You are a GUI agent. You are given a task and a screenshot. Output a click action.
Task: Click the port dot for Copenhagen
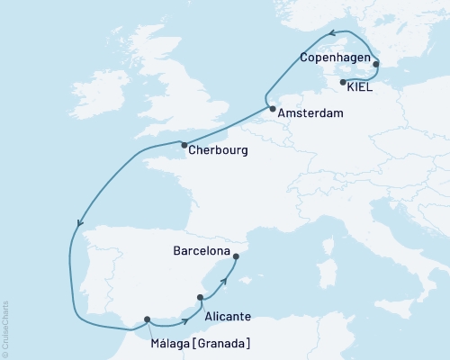(376, 64)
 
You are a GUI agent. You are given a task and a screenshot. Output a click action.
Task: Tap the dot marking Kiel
(343, 83)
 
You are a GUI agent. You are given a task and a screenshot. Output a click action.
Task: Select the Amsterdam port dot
(272, 109)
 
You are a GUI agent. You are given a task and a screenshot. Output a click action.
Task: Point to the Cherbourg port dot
(184, 145)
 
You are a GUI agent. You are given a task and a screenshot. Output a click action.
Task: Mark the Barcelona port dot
(236, 257)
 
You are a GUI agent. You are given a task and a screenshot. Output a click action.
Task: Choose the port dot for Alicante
(201, 297)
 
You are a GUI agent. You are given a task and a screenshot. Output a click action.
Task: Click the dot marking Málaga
(147, 319)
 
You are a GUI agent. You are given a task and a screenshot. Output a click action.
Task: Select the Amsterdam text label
(310, 115)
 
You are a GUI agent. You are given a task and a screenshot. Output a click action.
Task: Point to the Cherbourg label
(220, 151)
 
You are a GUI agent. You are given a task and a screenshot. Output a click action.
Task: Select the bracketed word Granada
(220, 343)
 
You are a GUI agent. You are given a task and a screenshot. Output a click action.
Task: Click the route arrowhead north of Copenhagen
(330, 35)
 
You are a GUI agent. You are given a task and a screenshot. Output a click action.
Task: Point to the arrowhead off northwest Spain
(80, 225)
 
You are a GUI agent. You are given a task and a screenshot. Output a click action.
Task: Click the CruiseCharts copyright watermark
(5, 325)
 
